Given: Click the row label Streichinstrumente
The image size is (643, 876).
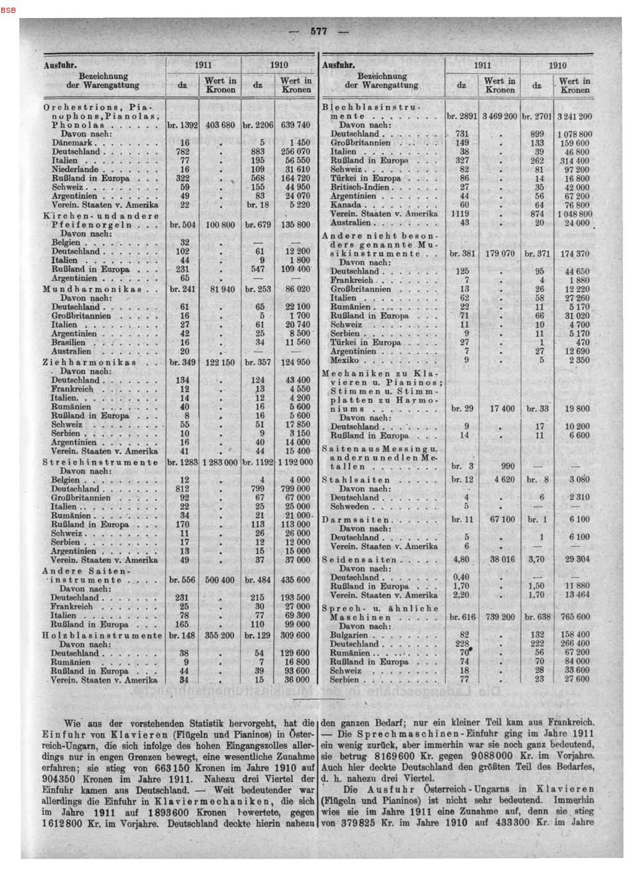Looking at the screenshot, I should click(x=100, y=461).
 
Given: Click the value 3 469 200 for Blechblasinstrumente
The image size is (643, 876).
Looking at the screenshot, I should click(x=498, y=116).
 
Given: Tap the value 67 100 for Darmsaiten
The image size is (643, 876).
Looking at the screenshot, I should click(x=502, y=519).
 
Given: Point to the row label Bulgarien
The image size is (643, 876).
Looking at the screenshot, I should click(x=351, y=634).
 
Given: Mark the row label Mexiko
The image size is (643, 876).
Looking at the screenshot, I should click(x=346, y=360).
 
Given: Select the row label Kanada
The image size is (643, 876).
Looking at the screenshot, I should click(x=346, y=204).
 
